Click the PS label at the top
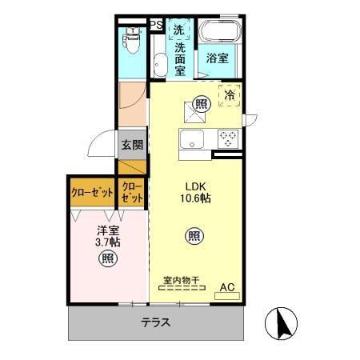[156, 25]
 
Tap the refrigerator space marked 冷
[230, 94]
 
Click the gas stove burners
[227, 138]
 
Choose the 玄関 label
[132, 145]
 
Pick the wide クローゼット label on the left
[91, 193]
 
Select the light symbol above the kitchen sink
[200, 102]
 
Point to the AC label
[226, 285]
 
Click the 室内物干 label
[182, 281]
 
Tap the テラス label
[154, 322]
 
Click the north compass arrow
[280, 324]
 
